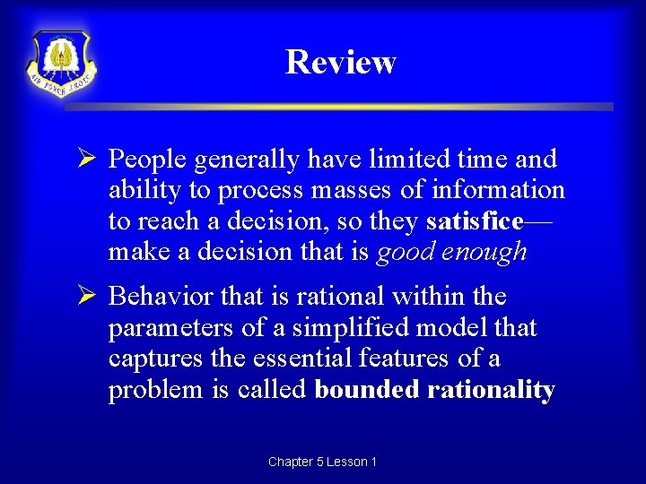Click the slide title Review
pyautogui.click(x=340, y=62)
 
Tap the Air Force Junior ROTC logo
pyautogui.click(x=61, y=64)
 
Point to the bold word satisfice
pyautogui.click(x=475, y=221)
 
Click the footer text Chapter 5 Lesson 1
pyautogui.click(x=322, y=462)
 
